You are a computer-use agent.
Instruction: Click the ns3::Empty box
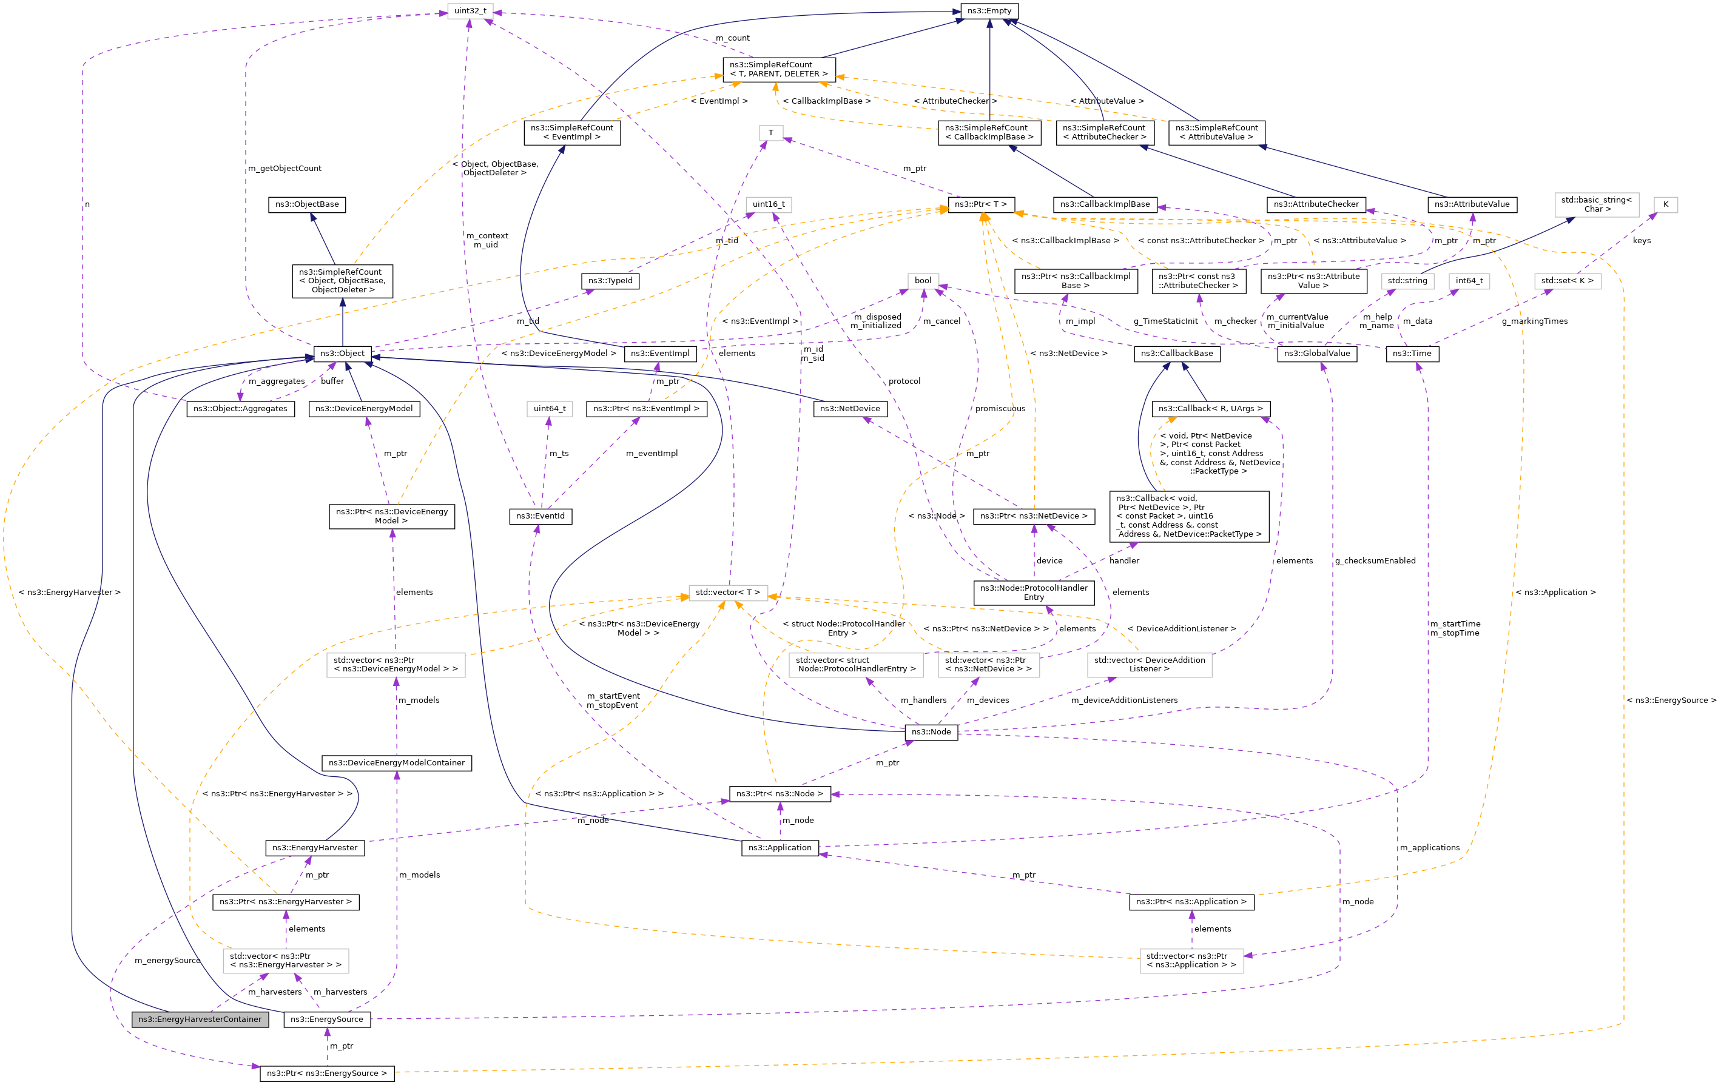989,11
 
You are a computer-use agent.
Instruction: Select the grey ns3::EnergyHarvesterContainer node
200,1019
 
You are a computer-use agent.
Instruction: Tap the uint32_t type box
470,11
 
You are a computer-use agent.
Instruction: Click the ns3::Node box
931,732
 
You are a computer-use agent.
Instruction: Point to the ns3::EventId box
541,516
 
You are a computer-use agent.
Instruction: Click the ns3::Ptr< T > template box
980,204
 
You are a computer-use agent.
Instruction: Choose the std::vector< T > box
727,593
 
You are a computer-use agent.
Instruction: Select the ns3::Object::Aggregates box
240,409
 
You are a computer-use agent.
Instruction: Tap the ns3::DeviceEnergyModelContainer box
397,764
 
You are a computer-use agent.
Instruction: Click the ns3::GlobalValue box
1316,353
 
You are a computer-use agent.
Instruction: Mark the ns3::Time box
1412,353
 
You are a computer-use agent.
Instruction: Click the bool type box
923,281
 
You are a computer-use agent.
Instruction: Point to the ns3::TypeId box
610,281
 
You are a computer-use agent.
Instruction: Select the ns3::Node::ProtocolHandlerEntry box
1034,593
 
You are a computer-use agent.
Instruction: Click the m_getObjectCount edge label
285,169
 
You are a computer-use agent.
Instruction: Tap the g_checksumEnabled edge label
1375,561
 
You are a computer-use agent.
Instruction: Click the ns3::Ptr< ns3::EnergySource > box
326,1073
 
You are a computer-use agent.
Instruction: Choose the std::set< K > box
1568,281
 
